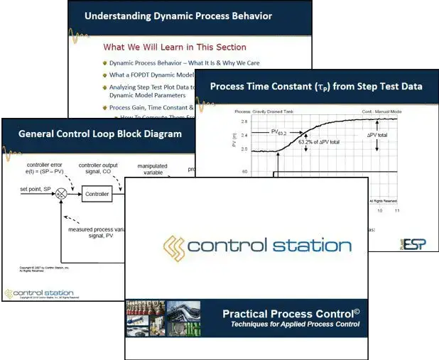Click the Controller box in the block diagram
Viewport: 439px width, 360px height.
(x=96, y=192)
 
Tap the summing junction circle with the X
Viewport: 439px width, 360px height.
(x=61, y=192)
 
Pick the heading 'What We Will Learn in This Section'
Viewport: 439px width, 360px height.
(x=175, y=48)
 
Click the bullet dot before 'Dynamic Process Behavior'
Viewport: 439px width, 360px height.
(x=104, y=63)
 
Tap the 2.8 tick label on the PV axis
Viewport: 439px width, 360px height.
(x=244, y=121)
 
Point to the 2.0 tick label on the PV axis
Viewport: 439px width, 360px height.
(x=244, y=150)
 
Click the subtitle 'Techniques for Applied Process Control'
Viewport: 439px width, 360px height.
(x=295, y=324)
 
